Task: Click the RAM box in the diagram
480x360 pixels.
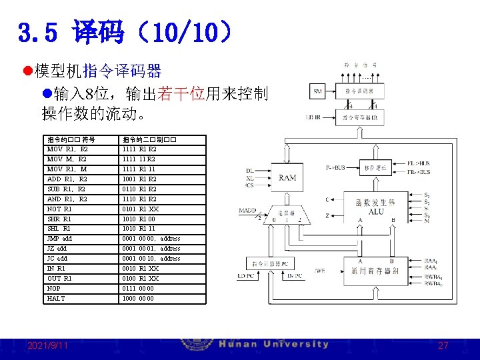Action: click(287, 177)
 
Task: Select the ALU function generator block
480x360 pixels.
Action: click(375, 208)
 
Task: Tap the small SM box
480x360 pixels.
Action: click(317, 91)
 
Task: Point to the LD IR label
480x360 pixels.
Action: click(313, 117)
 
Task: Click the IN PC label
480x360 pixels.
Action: click(295, 276)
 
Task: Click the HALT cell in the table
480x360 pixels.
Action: click(56, 298)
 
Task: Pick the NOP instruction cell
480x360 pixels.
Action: click(55, 288)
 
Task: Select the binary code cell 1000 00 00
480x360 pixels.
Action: click(139, 298)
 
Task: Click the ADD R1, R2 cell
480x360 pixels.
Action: click(67, 179)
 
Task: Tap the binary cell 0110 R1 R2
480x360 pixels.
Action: click(139, 189)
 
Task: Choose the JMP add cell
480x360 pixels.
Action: click(59, 239)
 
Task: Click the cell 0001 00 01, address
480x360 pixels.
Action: click(151, 249)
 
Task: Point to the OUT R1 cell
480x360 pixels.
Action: click(59, 278)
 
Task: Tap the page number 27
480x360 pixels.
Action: click(443, 345)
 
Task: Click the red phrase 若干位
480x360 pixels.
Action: click(181, 93)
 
